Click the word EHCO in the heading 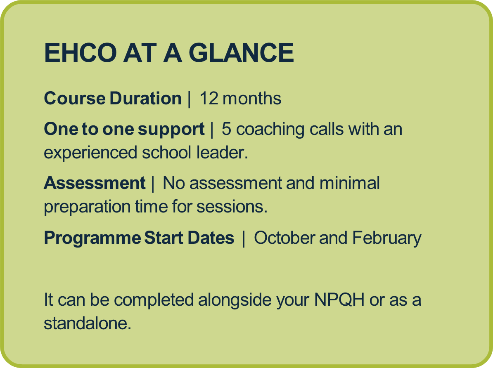tap(80, 53)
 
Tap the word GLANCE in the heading tap(241, 53)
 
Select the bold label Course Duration tap(113, 98)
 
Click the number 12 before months tap(209, 98)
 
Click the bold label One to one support tap(124, 130)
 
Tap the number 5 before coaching tap(226, 129)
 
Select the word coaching tap(270, 130)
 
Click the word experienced tap(90, 153)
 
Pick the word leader tap(222, 152)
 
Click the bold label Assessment tap(95, 183)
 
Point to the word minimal tap(350, 183)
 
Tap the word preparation tap(87, 207)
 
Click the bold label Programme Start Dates tap(139, 238)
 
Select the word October tap(284, 238)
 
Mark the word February tap(387, 238)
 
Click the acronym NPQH tap(339, 300)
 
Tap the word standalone tap(88, 323)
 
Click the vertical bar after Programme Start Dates tap(244, 238)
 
